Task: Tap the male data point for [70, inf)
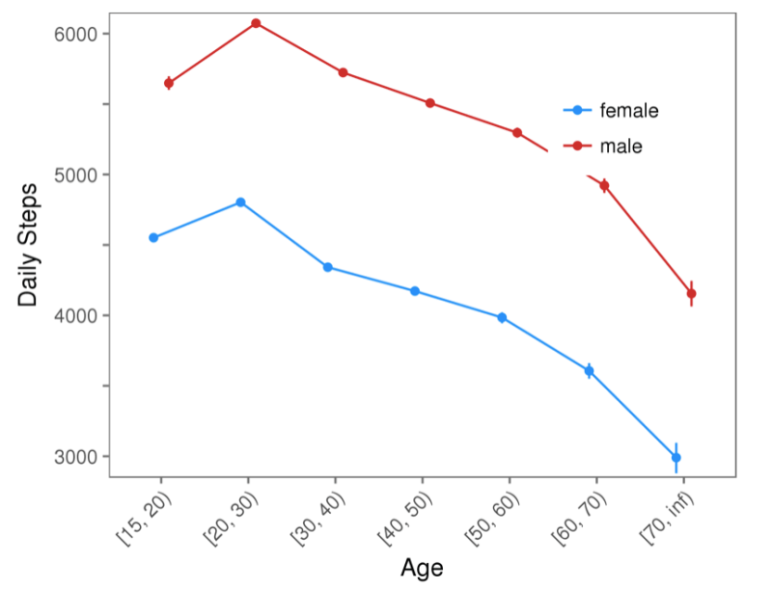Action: [x=691, y=293]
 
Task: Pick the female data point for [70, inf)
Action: [x=675, y=457]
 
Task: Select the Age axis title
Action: [x=422, y=568]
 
